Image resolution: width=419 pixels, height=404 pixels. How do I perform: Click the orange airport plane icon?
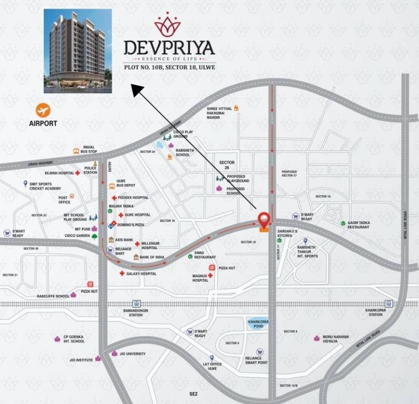click(43, 110)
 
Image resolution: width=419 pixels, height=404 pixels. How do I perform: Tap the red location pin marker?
click(264, 219)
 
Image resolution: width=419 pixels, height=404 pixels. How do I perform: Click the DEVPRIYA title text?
click(169, 48)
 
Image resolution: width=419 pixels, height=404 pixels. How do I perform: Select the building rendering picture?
click(78, 50)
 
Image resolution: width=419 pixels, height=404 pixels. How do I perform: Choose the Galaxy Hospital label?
click(141, 274)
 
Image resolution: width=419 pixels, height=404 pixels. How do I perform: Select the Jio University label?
click(132, 353)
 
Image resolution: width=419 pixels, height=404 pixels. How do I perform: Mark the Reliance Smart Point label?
click(257, 360)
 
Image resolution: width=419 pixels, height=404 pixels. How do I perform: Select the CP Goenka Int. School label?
click(73, 339)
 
